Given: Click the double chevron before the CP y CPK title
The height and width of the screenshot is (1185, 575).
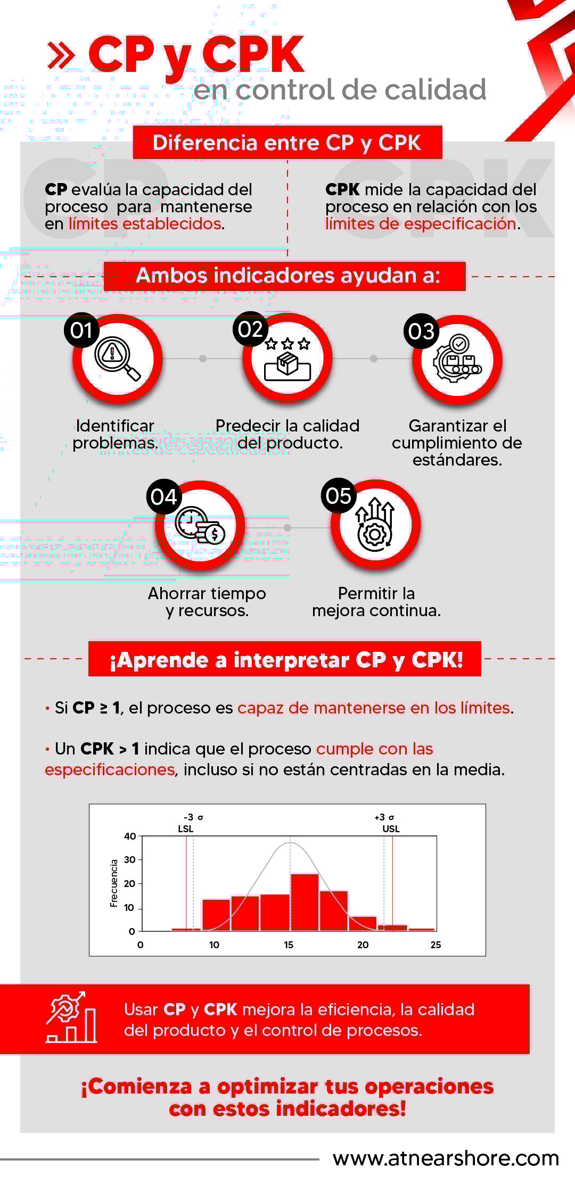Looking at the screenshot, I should coord(61,55).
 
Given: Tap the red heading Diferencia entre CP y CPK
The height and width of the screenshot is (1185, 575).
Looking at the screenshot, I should coord(287,143).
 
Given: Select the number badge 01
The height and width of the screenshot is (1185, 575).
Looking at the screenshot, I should coord(81,330).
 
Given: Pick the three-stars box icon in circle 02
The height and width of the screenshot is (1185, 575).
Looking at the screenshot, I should coord(287,359).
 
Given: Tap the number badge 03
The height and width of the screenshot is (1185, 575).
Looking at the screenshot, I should coord(421,332).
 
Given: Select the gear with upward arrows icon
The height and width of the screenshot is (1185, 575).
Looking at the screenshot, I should coord(375,525).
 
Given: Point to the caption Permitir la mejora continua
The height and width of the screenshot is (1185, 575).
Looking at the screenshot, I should coord(376,602).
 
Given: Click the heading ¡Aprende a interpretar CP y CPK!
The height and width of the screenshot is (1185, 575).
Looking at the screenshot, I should coord(286,660).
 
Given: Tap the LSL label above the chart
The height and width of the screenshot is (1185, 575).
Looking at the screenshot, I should coord(186,829).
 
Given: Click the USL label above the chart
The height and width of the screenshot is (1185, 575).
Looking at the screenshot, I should coord(391,829).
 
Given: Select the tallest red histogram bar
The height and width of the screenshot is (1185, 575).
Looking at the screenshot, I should coord(305,902).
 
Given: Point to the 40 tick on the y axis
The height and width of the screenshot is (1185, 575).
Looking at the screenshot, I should coord(130,836).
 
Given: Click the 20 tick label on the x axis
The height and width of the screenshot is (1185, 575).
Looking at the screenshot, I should coord(363,945).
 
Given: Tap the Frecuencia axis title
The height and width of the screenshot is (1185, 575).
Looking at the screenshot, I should coord(114,883).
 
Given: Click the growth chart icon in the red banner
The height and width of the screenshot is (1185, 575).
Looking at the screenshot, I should coord(71,1017).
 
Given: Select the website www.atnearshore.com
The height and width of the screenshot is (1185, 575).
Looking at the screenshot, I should coord(446,1158).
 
